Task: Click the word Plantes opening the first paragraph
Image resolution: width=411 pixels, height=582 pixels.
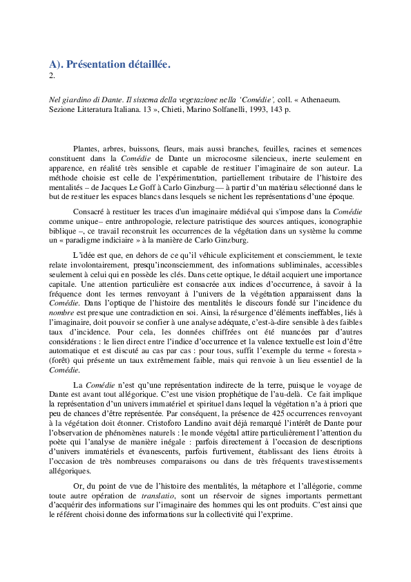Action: tap(85, 149)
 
